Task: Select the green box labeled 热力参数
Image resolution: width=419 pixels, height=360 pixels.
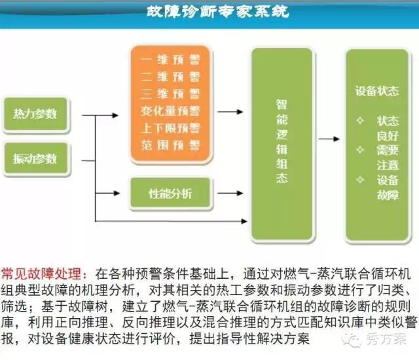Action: [35, 113]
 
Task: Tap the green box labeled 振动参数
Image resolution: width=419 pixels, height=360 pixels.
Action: [35, 158]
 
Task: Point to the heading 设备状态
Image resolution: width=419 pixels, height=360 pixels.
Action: [376, 91]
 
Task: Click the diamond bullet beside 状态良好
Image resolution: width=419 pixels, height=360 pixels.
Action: [359, 121]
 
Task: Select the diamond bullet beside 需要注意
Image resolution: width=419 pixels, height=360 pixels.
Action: [359, 150]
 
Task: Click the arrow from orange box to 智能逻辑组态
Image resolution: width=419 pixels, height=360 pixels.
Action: [228, 111]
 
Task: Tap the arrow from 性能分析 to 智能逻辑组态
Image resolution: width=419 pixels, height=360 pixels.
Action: [228, 194]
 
